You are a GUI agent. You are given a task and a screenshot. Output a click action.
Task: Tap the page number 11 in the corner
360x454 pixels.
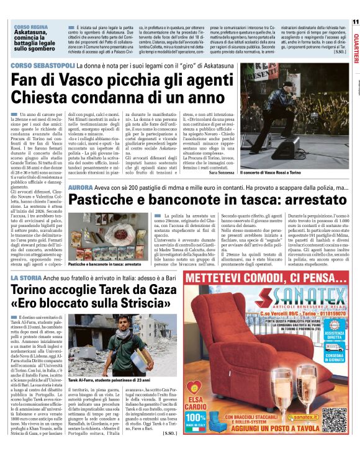(355, 21)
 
